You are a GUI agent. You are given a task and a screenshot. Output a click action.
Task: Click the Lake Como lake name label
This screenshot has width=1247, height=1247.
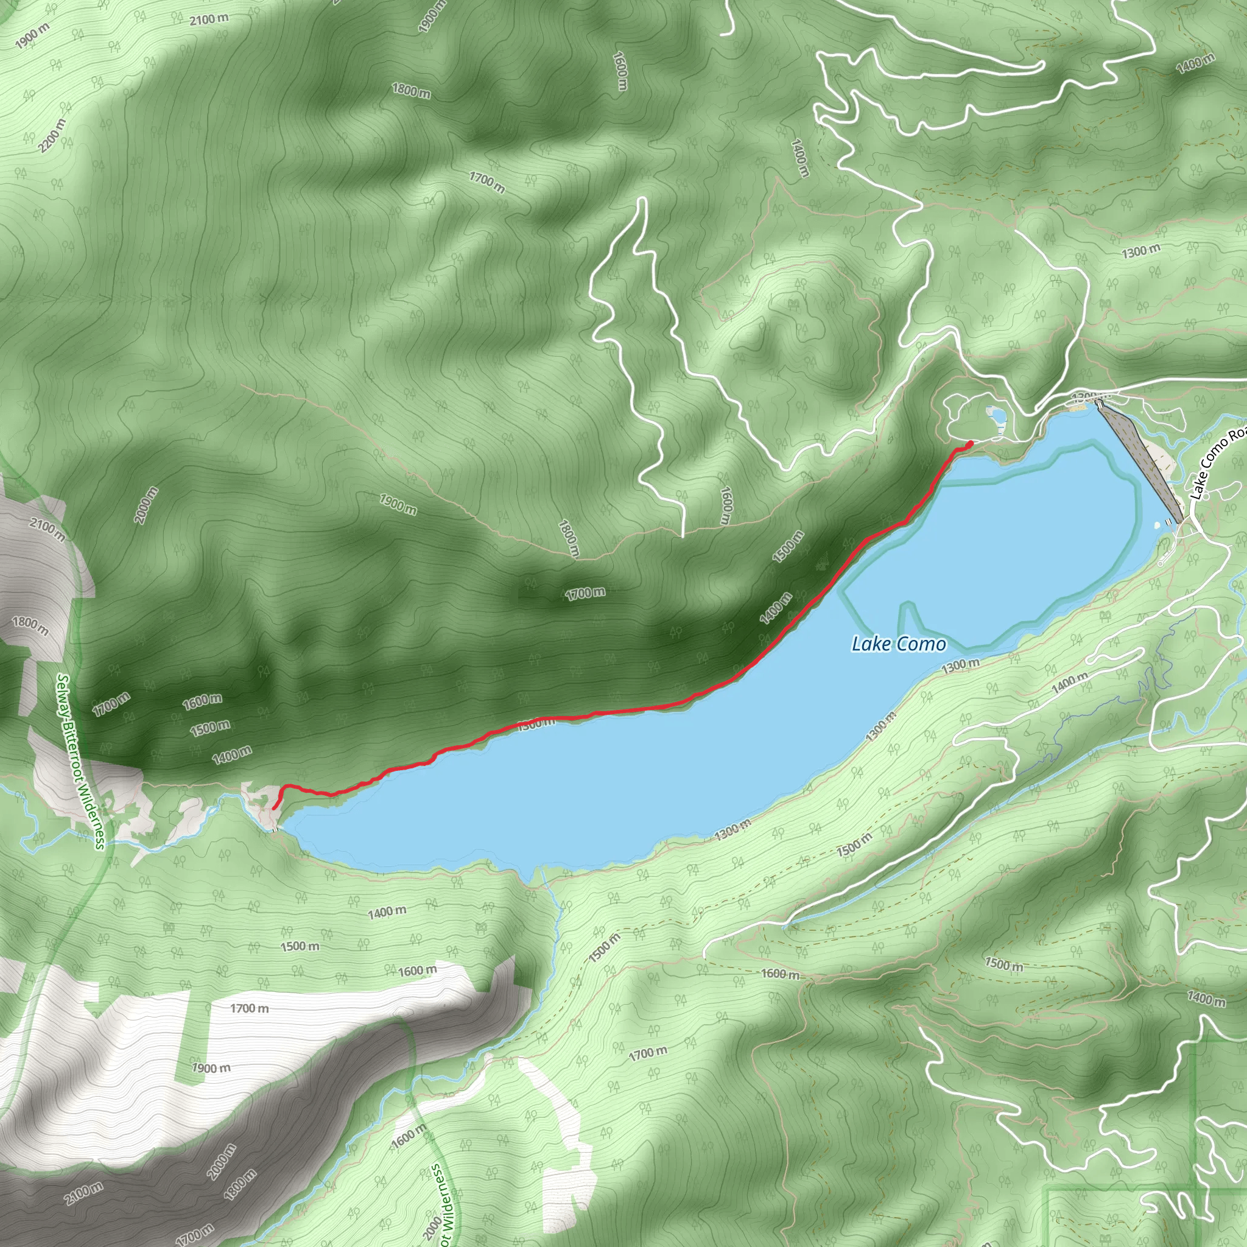tap(899, 644)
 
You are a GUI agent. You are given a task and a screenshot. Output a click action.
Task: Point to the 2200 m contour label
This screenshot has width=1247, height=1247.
tap(52, 136)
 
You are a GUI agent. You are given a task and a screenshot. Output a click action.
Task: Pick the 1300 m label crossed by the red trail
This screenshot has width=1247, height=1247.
tap(536, 723)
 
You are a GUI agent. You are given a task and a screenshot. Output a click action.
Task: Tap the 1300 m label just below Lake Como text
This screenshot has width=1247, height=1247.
tap(960, 666)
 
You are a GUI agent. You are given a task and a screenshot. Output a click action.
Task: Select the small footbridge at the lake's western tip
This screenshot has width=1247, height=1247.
tap(276, 830)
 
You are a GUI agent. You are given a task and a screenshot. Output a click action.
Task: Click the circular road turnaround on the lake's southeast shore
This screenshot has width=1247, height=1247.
tap(1161, 564)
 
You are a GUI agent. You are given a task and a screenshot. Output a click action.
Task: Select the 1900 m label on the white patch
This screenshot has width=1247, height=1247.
tap(211, 1068)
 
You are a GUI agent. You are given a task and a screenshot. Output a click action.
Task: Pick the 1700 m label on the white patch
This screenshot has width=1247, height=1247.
tap(249, 1008)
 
